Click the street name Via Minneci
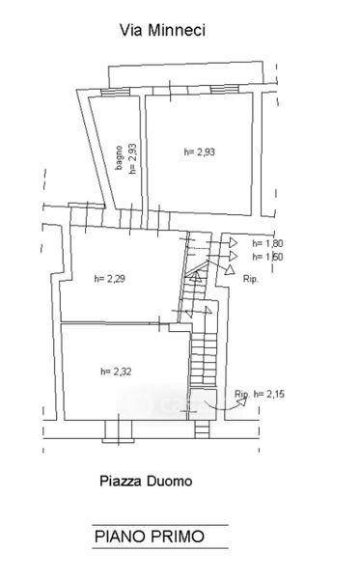click(162, 30)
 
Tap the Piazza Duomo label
click(146, 482)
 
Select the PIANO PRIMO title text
click(150, 537)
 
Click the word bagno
click(119, 158)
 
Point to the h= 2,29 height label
click(110, 279)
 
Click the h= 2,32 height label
click(116, 372)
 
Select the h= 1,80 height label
click(267, 244)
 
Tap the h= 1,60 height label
click(267, 257)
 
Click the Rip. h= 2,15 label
click(260, 395)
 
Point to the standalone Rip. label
click(251, 279)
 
